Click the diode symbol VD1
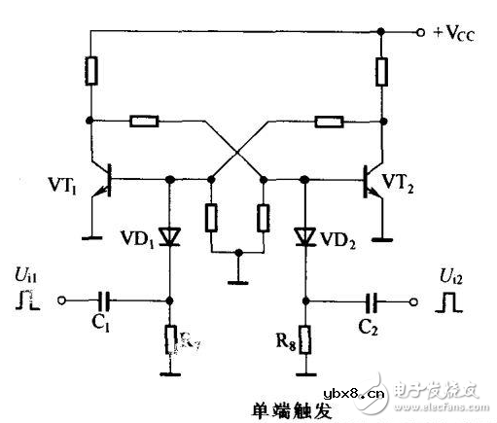(171, 234)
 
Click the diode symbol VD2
(305, 234)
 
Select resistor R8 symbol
(305, 340)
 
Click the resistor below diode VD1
(171, 340)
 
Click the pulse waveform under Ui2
(450, 302)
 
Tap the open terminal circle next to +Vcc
(420, 32)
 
